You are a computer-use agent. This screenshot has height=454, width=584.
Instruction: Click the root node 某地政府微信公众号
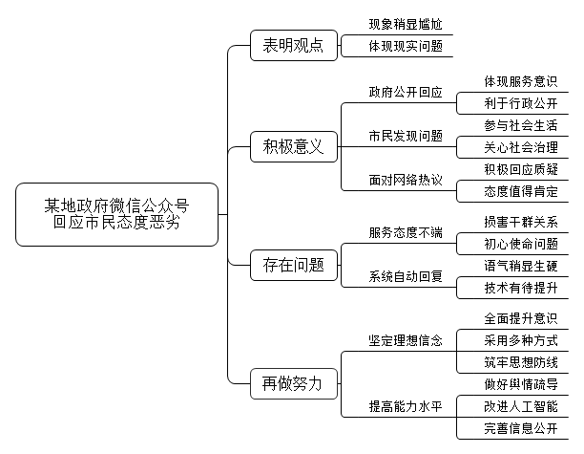click(116, 214)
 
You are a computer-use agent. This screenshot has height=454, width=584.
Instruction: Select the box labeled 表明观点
click(294, 46)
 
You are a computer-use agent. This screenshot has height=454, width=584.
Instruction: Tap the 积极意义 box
click(294, 146)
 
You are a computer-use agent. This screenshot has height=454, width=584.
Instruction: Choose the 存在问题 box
click(294, 266)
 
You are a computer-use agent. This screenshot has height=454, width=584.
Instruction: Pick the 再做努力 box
click(294, 384)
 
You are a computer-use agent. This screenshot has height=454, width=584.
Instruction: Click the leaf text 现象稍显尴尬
click(406, 24)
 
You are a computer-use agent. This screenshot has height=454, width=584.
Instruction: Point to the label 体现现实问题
click(406, 46)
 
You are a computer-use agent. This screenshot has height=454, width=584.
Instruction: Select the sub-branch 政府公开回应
click(406, 92)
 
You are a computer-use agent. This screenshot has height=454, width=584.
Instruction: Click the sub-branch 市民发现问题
click(406, 136)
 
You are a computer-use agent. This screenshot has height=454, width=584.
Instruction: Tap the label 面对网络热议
click(406, 181)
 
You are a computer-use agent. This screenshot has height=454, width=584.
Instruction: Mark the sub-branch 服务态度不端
click(406, 233)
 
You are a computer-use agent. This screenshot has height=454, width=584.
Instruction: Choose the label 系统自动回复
click(406, 277)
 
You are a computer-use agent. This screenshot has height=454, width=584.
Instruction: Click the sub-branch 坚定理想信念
click(406, 340)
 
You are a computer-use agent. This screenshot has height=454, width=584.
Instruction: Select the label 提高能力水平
click(406, 406)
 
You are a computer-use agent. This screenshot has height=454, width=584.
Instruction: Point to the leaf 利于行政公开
click(521, 103)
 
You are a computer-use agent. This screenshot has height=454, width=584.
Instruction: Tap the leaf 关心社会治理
click(521, 147)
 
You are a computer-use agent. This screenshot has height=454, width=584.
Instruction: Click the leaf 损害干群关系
click(521, 222)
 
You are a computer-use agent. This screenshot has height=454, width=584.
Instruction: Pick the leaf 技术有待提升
click(521, 288)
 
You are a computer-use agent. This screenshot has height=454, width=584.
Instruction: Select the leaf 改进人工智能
click(521, 406)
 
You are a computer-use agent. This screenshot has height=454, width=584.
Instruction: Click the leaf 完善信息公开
click(521, 428)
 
